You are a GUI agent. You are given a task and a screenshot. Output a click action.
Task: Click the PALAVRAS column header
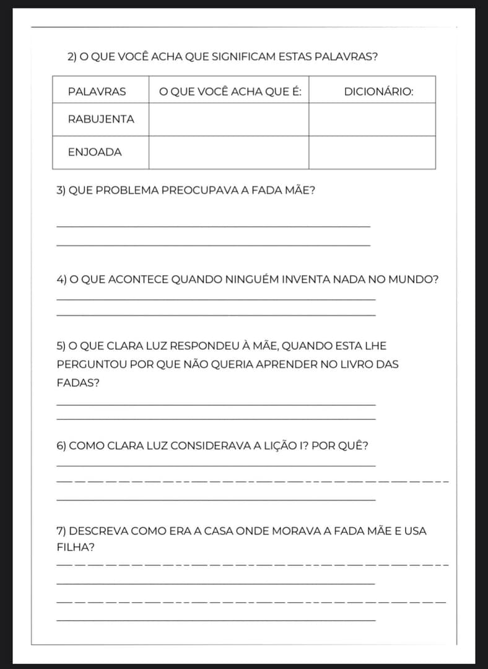point(97,92)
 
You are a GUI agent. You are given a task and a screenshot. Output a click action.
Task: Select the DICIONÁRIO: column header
point(378,92)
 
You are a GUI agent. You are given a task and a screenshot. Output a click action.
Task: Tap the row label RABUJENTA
point(101,119)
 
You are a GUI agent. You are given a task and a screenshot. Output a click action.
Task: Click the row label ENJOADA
point(95,152)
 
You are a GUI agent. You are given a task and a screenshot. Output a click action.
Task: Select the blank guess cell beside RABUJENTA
point(229,119)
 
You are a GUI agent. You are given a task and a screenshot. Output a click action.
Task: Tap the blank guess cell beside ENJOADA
point(229,152)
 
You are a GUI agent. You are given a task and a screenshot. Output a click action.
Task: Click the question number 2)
point(72,57)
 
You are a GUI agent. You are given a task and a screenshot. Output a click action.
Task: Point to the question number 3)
point(61,190)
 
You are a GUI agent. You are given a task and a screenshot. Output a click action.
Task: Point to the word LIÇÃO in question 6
point(277,446)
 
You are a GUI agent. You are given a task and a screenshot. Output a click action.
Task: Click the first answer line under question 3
point(213,226)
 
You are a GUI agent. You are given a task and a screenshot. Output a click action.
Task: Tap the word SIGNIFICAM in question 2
point(240,57)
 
